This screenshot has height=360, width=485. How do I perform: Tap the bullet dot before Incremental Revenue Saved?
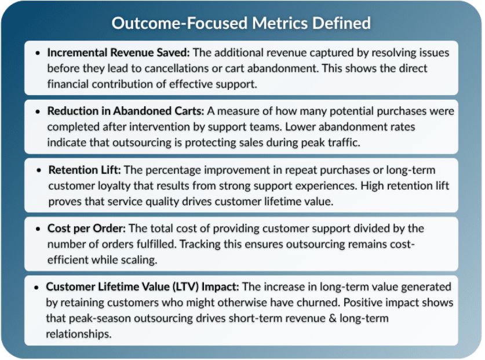(38, 53)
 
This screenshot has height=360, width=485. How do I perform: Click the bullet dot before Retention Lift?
(38, 170)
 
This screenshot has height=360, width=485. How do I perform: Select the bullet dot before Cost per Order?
(38, 229)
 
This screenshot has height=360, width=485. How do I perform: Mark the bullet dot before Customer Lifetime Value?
(38, 288)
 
